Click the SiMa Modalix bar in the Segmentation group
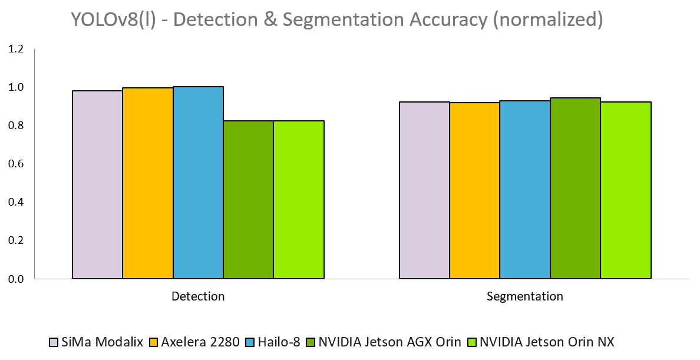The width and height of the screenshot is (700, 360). coord(424,190)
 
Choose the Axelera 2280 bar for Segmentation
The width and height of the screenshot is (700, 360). coord(474,190)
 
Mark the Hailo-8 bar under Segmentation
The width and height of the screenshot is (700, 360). coord(525,189)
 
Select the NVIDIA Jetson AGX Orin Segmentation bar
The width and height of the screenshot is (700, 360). coord(575,188)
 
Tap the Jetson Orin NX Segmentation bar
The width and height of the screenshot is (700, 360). coord(626,190)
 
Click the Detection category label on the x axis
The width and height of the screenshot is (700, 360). coord(198,296)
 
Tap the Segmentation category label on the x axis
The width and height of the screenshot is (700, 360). coord(525,296)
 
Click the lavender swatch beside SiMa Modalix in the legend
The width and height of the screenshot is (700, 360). coord(54,342)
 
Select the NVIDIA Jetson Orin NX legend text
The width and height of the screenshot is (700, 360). coord(547,342)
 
